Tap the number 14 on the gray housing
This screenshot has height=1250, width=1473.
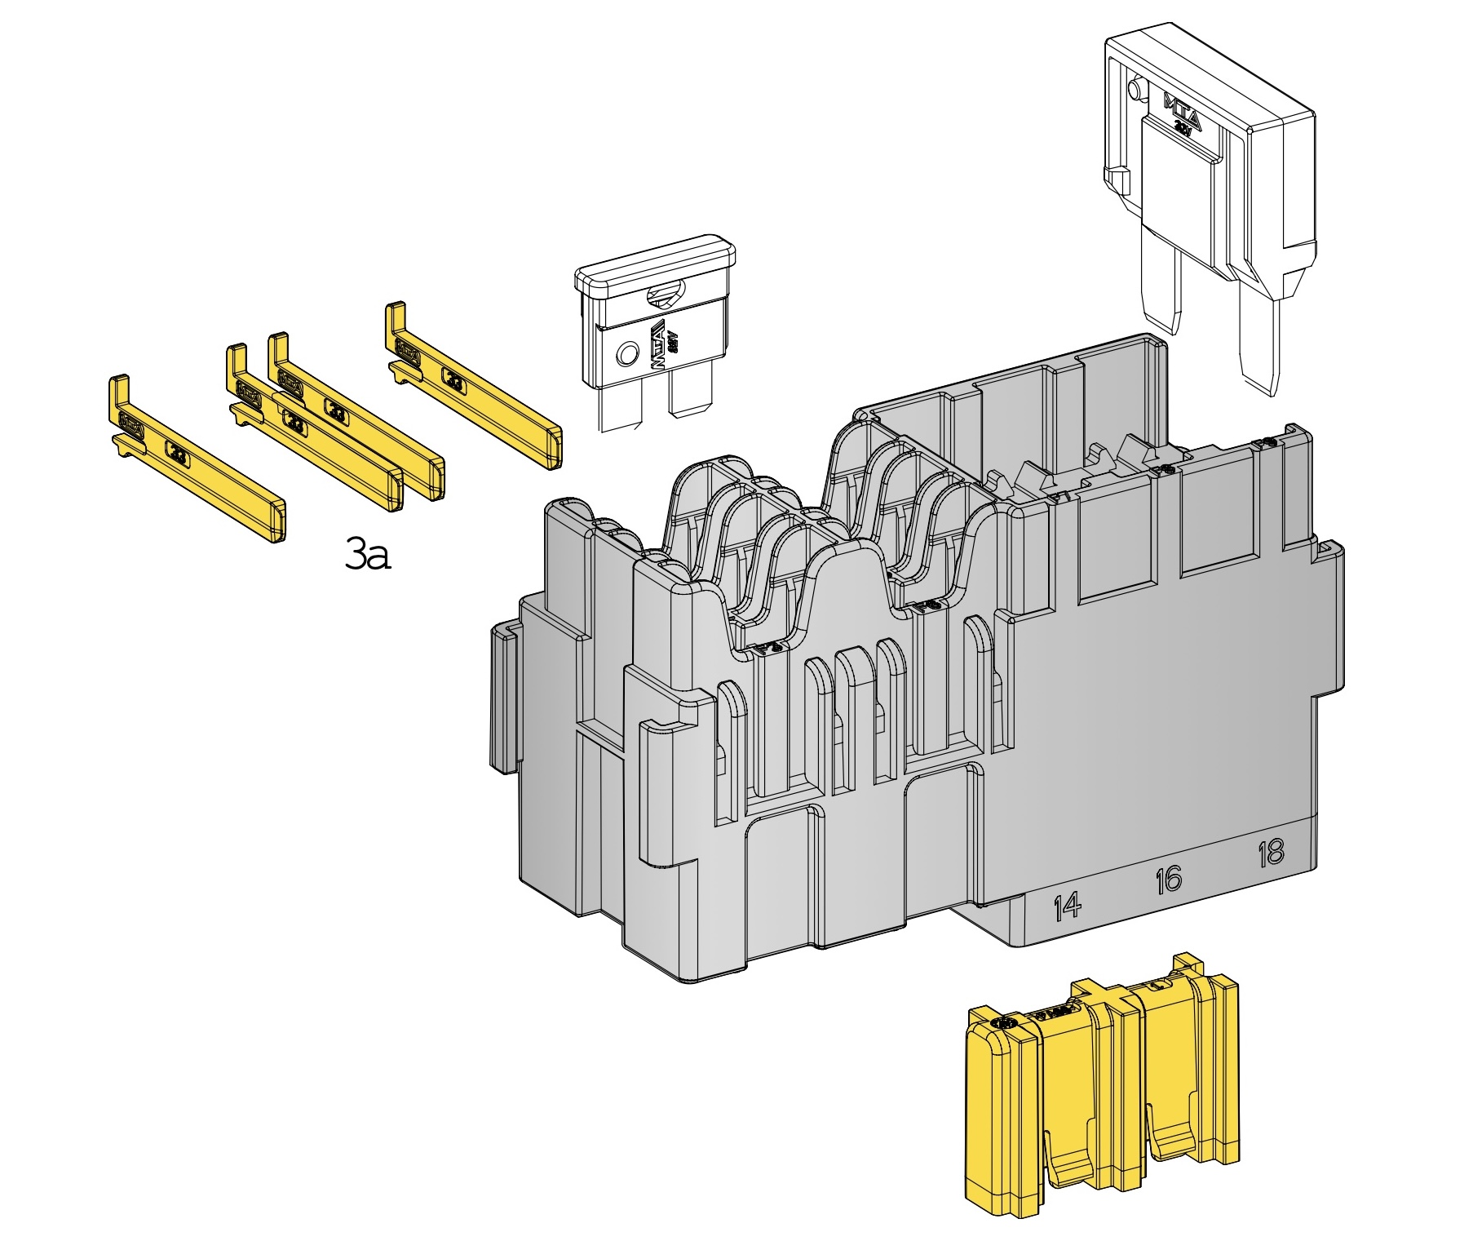[1067, 906]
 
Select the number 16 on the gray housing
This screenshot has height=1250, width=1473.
[1168, 880]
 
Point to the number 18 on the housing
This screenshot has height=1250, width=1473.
[1271, 853]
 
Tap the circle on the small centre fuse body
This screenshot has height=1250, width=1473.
[626, 355]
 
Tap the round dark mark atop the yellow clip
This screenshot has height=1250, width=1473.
[1004, 1022]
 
